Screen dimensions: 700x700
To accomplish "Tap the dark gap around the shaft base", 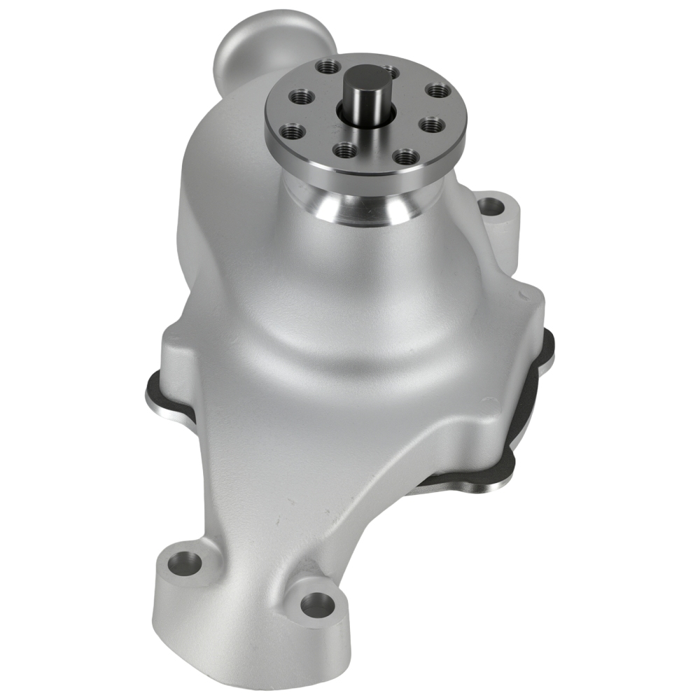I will [x=350, y=112].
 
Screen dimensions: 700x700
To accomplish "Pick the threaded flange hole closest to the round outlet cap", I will [x=326, y=66].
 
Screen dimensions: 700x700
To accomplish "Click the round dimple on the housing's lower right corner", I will [x=489, y=403].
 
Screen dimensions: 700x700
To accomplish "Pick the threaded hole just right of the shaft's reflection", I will [x=405, y=156].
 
